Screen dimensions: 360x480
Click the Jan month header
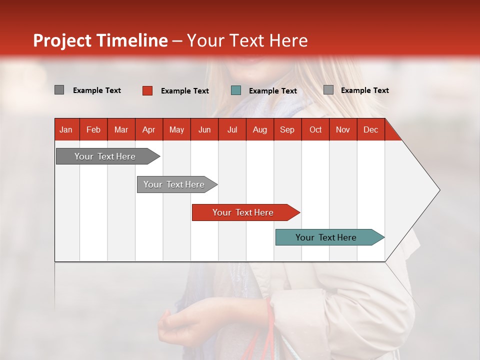pyautogui.click(x=66, y=129)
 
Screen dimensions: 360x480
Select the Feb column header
pyautogui.click(x=93, y=129)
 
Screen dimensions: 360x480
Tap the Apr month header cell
pyautogui.click(x=148, y=129)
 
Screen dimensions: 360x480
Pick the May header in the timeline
pyautogui.click(x=176, y=129)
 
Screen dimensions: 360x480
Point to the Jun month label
pyautogui.click(x=204, y=129)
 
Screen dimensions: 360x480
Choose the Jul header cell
pyautogui.click(x=232, y=129)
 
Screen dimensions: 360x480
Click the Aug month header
pyautogui.click(x=259, y=129)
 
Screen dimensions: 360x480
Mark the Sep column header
pyautogui.click(x=287, y=129)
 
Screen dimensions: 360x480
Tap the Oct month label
pyautogui.click(x=315, y=129)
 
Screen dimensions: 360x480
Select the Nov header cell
pyautogui.click(x=342, y=129)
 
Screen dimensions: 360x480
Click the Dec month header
pyautogui.click(x=370, y=129)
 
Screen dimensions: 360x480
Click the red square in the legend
pyautogui.click(x=147, y=90)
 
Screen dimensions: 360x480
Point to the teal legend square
pyautogui.click(x=236, y=90)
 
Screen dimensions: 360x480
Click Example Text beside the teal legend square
pyautogui.click(x=272, y=91)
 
